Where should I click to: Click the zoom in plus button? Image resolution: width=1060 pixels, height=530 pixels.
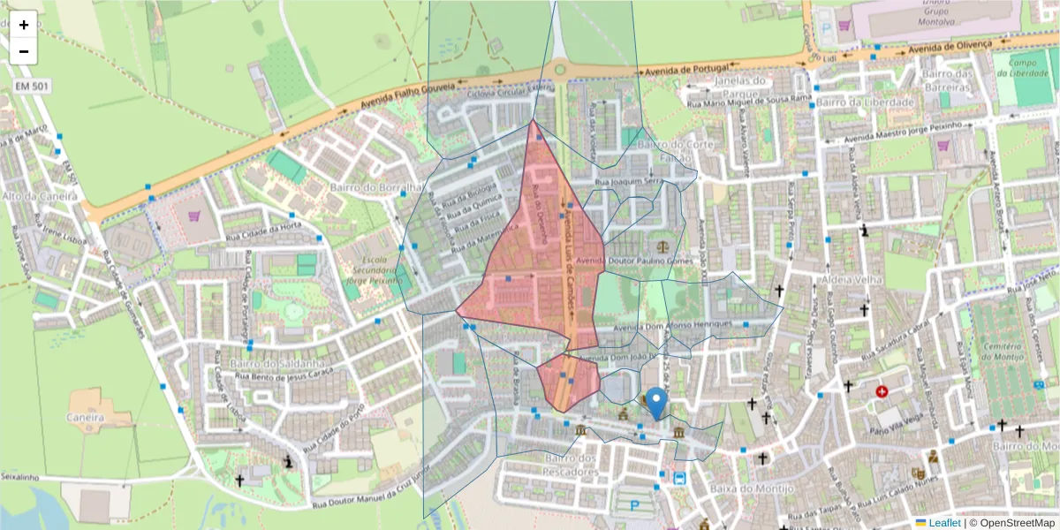(24, 25)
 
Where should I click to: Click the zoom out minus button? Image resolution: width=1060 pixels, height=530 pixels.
(24, 51)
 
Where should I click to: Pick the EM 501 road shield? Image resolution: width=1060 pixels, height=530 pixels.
(32, 86)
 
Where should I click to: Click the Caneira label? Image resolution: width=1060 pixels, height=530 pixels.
(86, 417)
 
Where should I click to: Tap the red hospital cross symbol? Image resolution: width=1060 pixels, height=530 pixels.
(881, 391)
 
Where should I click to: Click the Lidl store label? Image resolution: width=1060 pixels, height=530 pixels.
(829, 57)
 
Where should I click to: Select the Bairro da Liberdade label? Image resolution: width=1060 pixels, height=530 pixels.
(866, 102)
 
